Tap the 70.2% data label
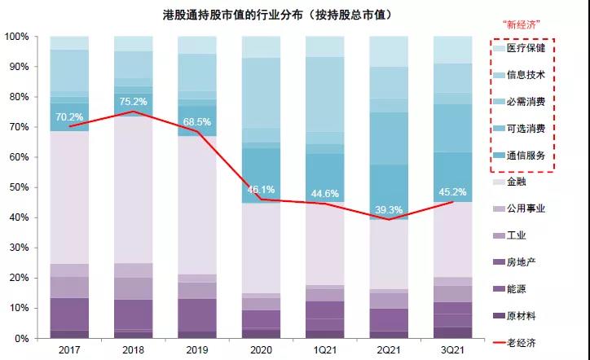click(68, 116)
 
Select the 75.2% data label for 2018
click(133, 102)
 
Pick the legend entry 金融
click(526, 182)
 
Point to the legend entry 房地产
click(529, 261)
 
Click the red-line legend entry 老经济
click(529, 340)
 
